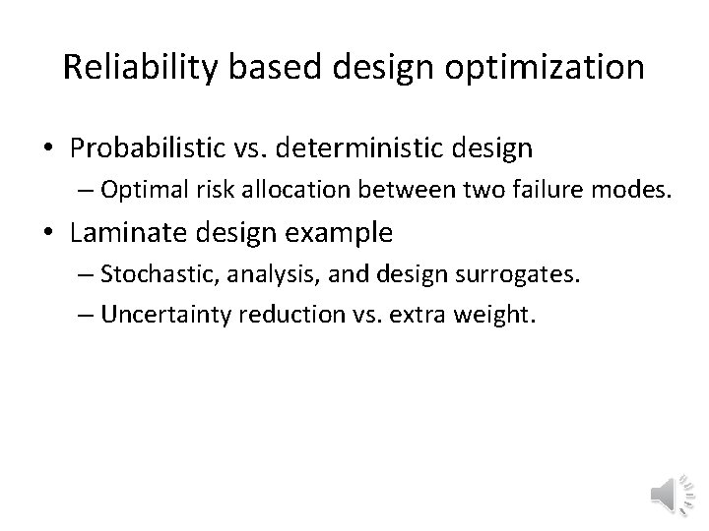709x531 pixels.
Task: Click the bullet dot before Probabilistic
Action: [x=49, y=150]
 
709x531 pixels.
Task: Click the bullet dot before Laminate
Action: [x=49, y=233]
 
